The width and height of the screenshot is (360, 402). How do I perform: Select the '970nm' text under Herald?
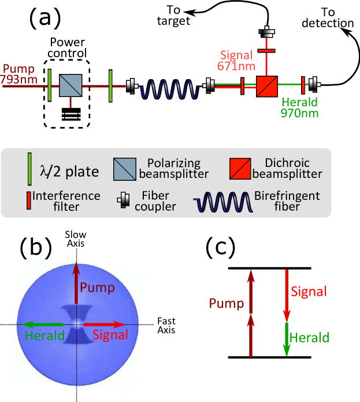tap(299, 113)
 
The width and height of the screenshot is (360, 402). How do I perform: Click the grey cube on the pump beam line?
tap(70, 85)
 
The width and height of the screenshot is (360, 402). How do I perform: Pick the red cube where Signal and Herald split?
tap(267, 86)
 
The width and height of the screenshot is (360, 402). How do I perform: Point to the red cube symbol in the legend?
tap(240, 169)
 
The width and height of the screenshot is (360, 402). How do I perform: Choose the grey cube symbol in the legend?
tap(125, 169)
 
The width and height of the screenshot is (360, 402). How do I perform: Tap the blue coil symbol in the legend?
tap(224, 203)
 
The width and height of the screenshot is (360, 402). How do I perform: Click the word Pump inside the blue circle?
tap(97, 287)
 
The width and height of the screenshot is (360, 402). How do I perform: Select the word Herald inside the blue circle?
tap(44, 336)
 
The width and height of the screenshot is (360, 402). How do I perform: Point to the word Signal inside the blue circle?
tap(110, 334)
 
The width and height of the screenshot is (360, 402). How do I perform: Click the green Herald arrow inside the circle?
tap(43, 325)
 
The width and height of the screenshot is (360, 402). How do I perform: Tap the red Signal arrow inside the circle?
tap(104, 325)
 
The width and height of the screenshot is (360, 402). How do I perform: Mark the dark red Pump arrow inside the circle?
tap(76, 282)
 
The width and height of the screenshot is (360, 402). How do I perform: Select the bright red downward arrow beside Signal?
tap(286, 295)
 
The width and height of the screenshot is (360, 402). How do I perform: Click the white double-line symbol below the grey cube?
tap(71, 115)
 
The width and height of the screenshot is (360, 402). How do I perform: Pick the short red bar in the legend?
tap(28, 200)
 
